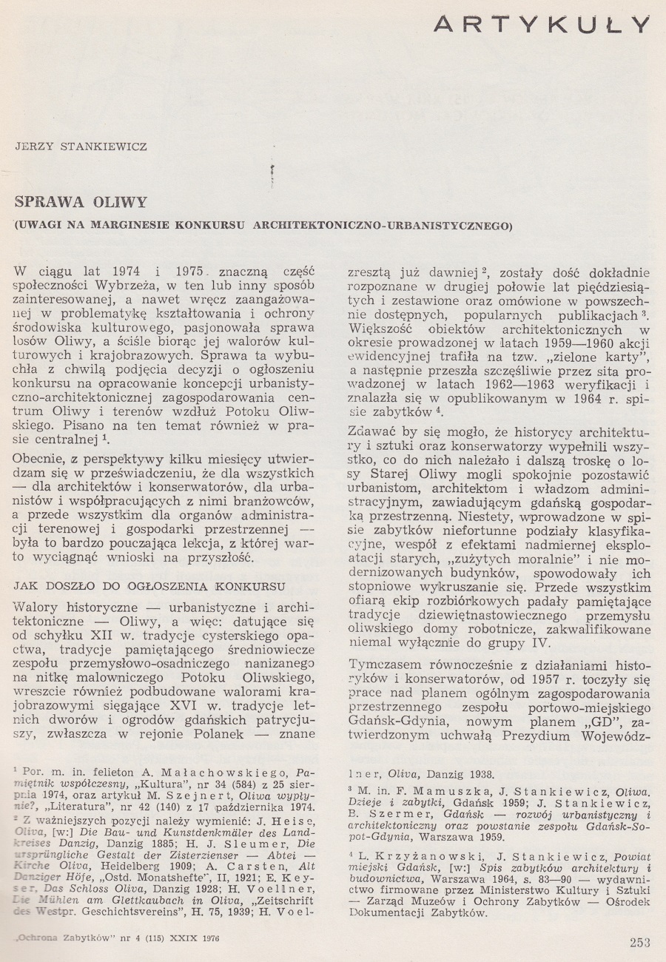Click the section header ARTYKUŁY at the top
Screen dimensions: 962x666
tap(542, 24)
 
